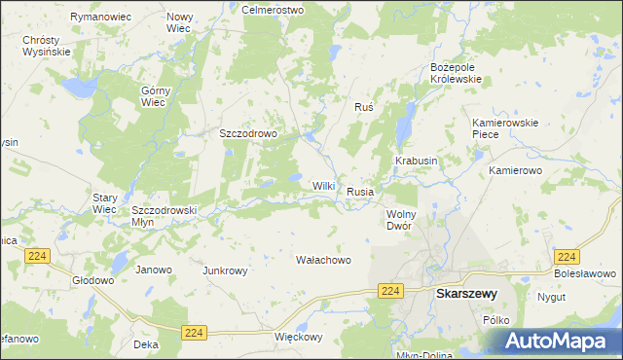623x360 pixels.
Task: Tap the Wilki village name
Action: [324, 186]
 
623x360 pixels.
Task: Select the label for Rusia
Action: [360, 192]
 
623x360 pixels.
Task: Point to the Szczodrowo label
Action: [249, 134]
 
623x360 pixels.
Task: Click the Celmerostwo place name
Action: [273, 9]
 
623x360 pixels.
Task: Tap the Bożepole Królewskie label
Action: [457, 73]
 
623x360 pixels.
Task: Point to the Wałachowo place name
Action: [322, 260]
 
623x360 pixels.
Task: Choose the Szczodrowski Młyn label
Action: [165, 215]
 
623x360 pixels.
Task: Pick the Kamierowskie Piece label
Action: [504, 128]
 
